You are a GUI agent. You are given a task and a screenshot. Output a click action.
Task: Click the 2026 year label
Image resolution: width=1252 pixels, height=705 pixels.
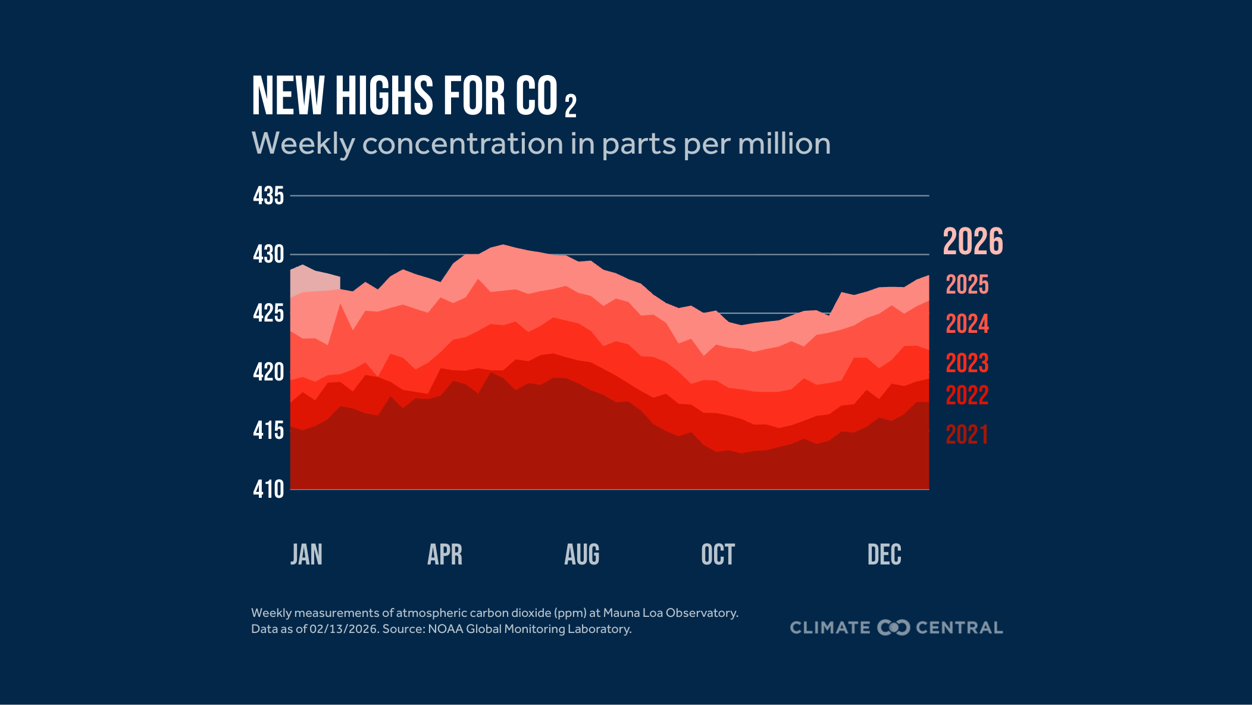tap(973, 242)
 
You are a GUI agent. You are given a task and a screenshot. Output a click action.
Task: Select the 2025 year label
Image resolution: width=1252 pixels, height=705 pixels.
tap(967, 285)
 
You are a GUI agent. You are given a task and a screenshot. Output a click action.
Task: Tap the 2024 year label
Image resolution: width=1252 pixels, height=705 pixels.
tap(967, 324)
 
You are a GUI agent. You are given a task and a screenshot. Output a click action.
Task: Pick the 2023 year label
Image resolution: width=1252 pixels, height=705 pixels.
tap(967, 363)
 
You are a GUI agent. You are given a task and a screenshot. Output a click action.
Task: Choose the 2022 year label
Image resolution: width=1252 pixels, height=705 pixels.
tap(967, 395)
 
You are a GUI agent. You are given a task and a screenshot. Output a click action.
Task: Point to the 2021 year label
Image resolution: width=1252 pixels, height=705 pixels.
tap(967, 435)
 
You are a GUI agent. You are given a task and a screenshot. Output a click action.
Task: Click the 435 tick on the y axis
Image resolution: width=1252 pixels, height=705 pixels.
tap(268, 196)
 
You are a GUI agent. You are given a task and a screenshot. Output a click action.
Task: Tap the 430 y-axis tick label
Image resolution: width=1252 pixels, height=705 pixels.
tap(268, 255)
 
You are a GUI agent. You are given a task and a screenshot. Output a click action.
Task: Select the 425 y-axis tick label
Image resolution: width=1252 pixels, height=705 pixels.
tap(268, 313)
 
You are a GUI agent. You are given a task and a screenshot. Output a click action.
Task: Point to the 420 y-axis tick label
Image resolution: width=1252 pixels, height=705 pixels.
tap(268, 372)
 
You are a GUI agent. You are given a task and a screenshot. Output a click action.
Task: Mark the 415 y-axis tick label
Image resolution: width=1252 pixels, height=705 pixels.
tap(268, 431)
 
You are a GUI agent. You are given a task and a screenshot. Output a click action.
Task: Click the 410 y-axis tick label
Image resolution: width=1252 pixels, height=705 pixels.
tap(268, 489)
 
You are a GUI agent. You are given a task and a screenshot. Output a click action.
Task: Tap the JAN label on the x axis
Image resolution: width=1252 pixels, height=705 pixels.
tap(306, 554)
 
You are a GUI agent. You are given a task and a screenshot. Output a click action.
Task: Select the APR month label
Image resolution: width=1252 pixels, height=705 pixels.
tap(445, 554)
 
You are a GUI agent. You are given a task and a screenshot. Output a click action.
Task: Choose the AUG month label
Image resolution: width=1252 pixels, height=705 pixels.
tap(581, 554)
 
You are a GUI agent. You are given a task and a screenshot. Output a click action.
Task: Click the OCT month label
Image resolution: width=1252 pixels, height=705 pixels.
tap(718, 554)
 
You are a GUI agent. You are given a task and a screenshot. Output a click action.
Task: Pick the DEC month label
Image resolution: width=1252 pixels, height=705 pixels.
tap(884, 554)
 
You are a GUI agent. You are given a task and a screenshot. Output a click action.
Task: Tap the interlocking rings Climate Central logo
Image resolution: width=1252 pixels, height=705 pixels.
tap(893, 628)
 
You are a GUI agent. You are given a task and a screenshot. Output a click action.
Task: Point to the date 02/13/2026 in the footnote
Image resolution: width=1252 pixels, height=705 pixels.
tap(343, 629)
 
